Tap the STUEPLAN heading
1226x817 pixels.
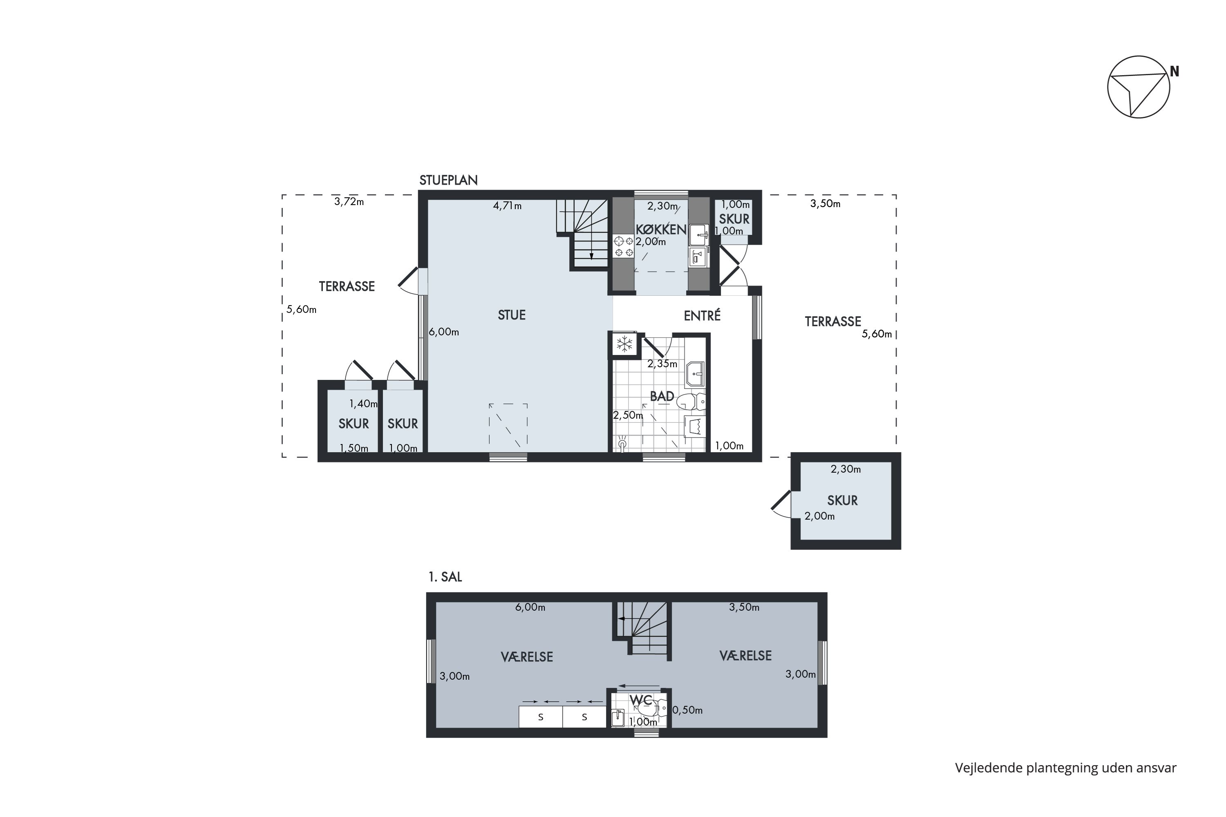pos(448,180)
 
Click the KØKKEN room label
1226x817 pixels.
pos(661,229)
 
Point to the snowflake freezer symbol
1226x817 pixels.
pos(624,344)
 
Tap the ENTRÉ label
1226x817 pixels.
pos(702,315)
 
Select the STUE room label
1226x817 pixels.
pos(511,315)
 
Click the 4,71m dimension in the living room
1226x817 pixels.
pos(507,206)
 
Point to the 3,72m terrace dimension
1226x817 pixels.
pos(349,202)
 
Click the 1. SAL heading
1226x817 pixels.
pos(445,577)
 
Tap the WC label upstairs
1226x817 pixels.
pos(641,700)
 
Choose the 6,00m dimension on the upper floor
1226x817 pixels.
pos(530,607)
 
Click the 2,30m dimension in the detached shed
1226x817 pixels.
pos(846,469)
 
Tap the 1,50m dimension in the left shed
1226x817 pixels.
pos(354,448)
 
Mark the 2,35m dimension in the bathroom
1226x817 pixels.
pos(662,364)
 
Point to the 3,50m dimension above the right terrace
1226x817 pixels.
pos(825,204)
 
